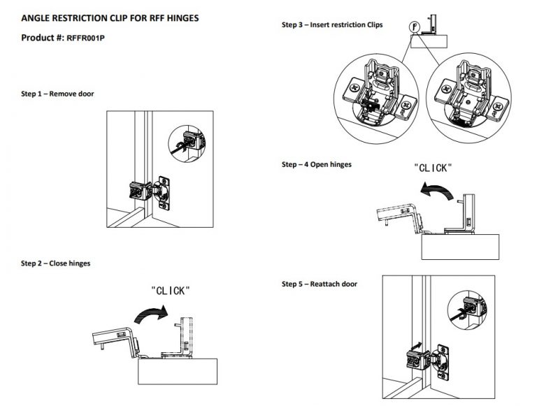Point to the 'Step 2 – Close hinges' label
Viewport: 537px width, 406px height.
(55, 263)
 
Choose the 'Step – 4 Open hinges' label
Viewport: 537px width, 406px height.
(317, 165)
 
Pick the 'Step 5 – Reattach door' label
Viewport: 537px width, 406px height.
(320, 284)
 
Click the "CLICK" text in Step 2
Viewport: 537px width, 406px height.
(170, 290)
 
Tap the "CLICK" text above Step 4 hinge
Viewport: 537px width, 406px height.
(433, 168)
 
